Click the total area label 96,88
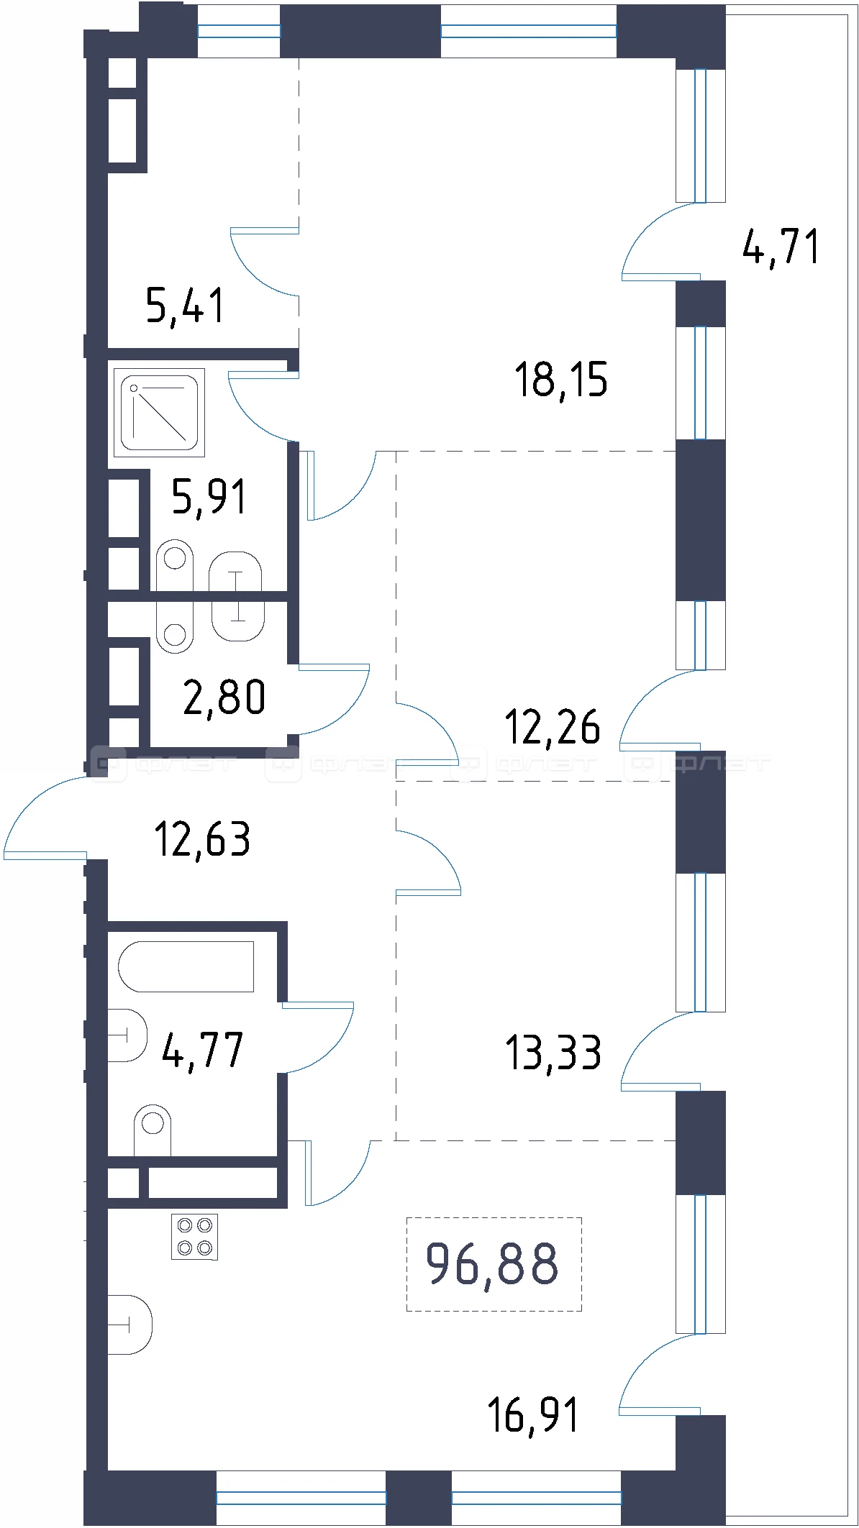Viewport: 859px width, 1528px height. [x=492, y=1263]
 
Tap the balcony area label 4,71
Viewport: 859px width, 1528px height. [x=781, y=247]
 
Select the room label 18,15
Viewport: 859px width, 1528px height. [x=561, y=380]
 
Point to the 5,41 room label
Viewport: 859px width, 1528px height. [x=186, y=305]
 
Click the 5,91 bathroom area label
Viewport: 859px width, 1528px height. [x=209, y=496]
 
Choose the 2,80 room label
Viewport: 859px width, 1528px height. [x=224, y=696]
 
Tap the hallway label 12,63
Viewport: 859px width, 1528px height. [x=203, y=838]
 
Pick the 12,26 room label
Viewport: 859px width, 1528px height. [x=553, y=726]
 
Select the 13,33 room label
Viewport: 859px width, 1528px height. [x=553, y=1052]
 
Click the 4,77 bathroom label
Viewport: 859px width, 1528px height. [x=203, y=1050]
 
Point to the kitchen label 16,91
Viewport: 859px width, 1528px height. [x=533, y=1415]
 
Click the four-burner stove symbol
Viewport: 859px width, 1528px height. [x=194, y=1237]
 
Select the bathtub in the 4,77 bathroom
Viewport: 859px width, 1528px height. [x=186, y=966]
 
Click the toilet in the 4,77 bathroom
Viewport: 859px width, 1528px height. [x=153, y=1130]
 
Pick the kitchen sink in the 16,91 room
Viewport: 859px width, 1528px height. [x=130, y=1325]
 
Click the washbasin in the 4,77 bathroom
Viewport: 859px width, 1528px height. [x=128, y=1035]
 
